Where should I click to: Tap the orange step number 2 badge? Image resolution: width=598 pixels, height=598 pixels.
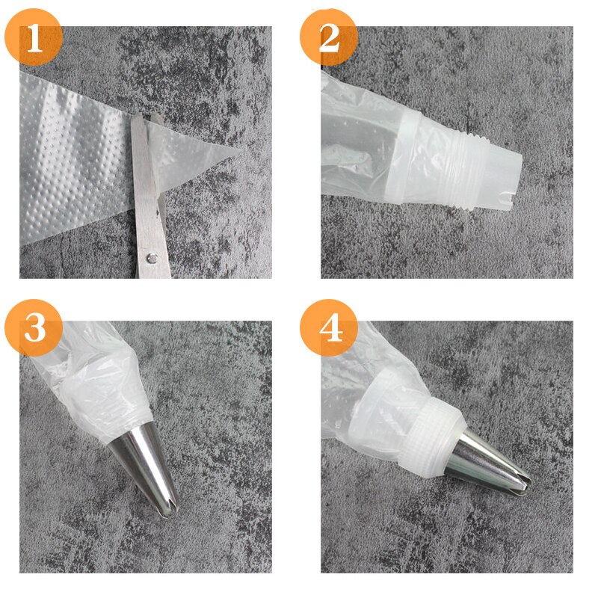329,37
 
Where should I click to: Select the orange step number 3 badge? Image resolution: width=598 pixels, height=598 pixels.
34,327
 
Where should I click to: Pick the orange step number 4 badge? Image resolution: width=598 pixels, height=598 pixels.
329,327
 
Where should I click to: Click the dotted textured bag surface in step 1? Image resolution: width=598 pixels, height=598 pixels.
75,149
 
